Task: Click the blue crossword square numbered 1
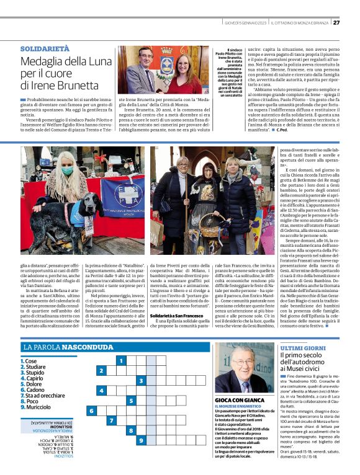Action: [121, 360]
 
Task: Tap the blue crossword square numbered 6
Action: [91, 411]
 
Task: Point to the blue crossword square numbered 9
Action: [142, 440]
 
